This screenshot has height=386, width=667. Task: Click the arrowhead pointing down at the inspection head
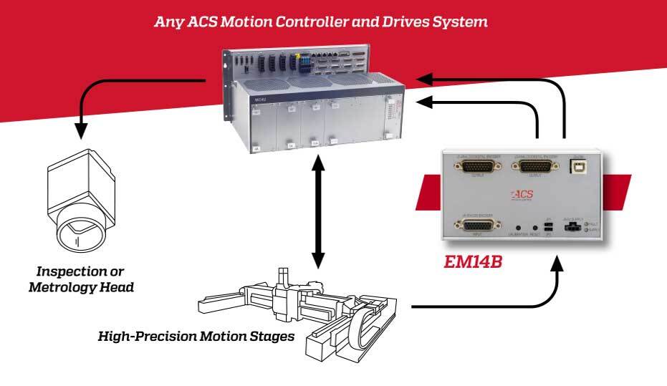click(x=82, y=131)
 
